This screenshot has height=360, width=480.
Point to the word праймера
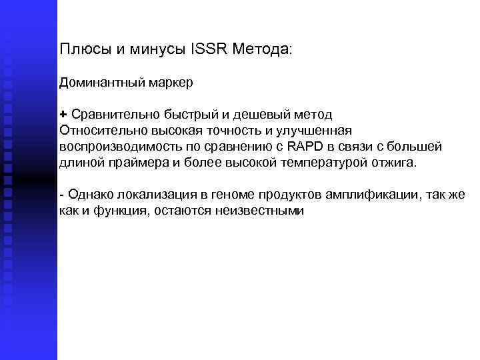(139, 163)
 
